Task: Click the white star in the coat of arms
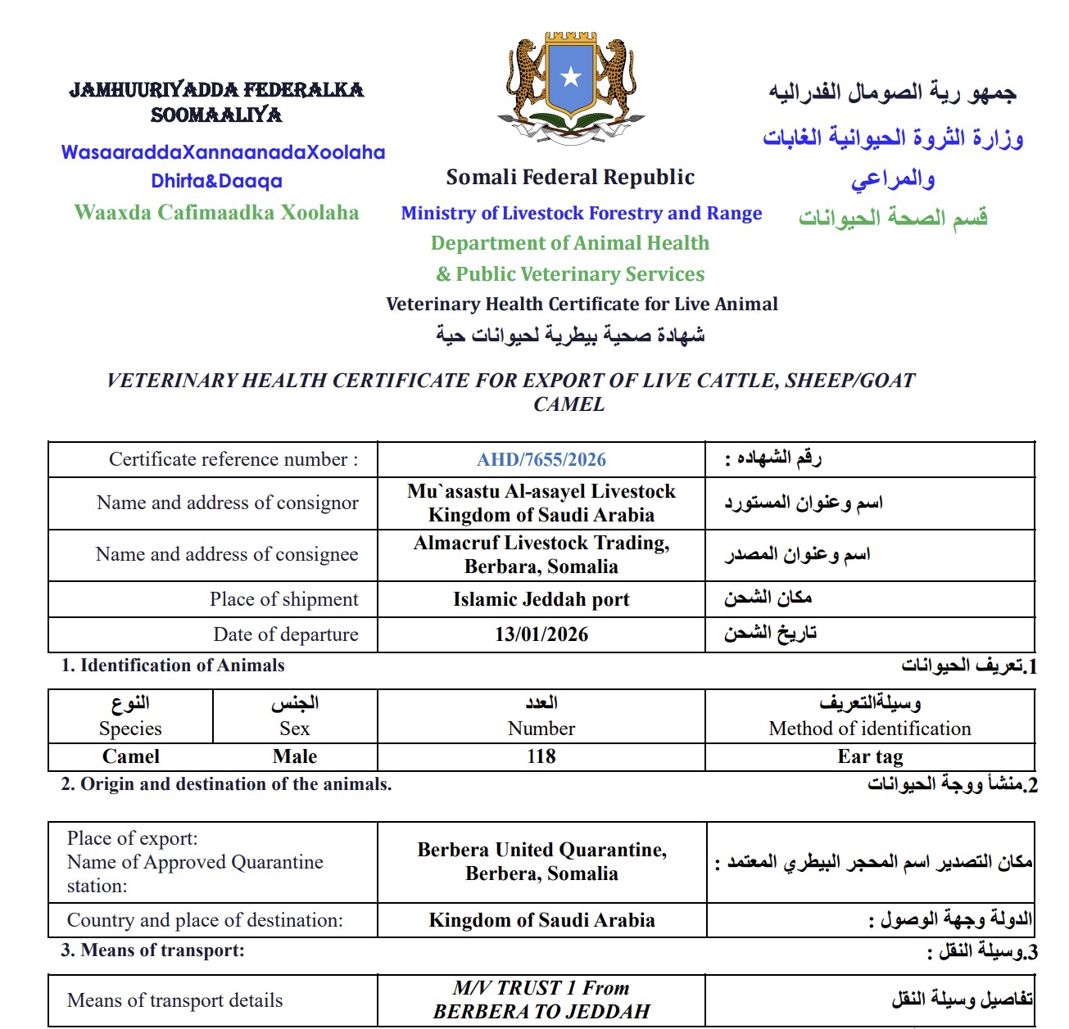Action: (x=571, y=78)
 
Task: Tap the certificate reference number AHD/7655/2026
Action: (x=541, y=460)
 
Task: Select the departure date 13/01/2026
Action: (x=541, y=634)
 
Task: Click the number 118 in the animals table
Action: (x=541, y=756)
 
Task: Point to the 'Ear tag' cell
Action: (x=870, y=756)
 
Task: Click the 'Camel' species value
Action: (x=131, y=756)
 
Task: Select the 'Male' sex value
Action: (x=295, y=756)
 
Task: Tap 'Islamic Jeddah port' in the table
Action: (x=541, y=599)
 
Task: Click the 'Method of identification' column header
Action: (x=870, y=729)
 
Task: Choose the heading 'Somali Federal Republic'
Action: (x=570, y=178)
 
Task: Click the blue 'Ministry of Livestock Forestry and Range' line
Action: (x=582, y=214)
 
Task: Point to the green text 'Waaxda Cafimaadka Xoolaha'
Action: (x=216, y=213)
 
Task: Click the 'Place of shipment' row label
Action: (x=283, y=599)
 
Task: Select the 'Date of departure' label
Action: (x=286, y=634)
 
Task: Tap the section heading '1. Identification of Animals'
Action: (x=173, y=666)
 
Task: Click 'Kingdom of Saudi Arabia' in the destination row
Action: (x=541, y=920)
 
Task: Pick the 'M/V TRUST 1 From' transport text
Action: (x=541, y=988)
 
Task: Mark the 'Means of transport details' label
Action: (x=174, y=1000)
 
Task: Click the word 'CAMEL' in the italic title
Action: (x=569, y=404)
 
